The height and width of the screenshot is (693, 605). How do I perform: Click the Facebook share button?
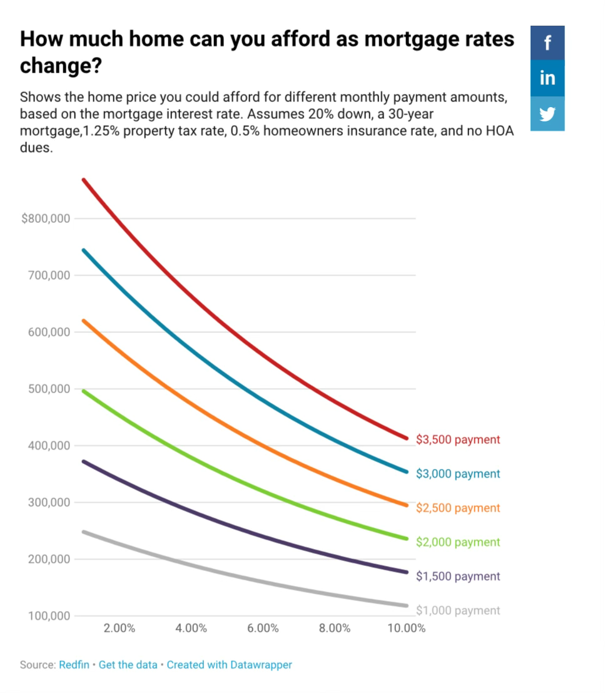(547, 43)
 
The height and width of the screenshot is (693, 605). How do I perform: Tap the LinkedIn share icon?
(547, 78)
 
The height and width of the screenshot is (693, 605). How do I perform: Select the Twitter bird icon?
(547, 114)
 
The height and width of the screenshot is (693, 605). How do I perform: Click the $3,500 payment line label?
(458, 439)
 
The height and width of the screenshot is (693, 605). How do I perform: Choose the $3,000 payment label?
(458, 474)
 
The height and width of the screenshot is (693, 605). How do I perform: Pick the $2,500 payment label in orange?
(458, 508)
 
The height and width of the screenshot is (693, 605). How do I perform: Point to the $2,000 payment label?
(458, 542)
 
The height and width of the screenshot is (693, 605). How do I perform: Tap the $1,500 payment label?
(458, 576)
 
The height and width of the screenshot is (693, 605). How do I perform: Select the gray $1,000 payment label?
(458, 610)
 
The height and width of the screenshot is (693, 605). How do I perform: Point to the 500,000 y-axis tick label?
(48, 389)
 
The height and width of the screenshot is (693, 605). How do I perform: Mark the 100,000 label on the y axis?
(48, 616)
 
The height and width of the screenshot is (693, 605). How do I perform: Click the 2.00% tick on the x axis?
(119, 628)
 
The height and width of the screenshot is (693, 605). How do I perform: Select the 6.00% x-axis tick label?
(263, 628)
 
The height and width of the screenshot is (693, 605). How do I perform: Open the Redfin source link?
(74, 665)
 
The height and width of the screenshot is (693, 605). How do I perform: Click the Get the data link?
(128, 665)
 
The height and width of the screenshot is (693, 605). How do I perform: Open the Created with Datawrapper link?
(229, 665)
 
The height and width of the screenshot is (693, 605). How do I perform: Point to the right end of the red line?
(406, 438)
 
